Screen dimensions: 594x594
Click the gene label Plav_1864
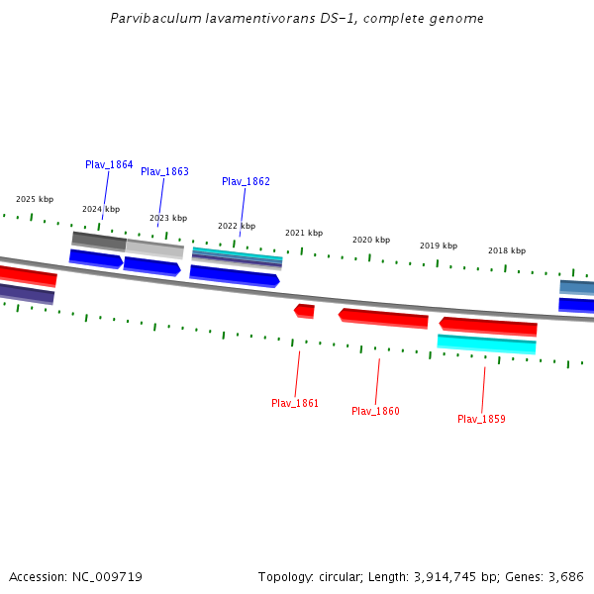pos(109,164)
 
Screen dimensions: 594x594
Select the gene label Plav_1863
pos(164,171)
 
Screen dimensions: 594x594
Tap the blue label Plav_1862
pos(246,181)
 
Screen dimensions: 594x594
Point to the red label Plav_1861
pos(295,403)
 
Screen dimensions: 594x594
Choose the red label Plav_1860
pos(375,411)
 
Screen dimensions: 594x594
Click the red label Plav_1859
pos(481,419)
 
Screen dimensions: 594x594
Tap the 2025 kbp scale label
pos(35,199)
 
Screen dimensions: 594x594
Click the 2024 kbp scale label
pos(101,209)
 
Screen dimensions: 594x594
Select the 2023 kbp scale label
pos(168,218)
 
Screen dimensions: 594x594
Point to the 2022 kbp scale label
pos(237,226)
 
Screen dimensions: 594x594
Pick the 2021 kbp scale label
pos(304,233)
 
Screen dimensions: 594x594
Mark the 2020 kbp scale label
pos(371,240)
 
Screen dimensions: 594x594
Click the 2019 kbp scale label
pos(439,246)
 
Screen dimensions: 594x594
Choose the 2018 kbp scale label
pos(507,250)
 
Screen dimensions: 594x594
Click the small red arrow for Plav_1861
pos(305,311)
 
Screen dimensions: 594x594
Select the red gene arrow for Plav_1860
pos(383,318)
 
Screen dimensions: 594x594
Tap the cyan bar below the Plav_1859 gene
pos(486,344)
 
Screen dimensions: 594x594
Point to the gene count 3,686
pos(564,576)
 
